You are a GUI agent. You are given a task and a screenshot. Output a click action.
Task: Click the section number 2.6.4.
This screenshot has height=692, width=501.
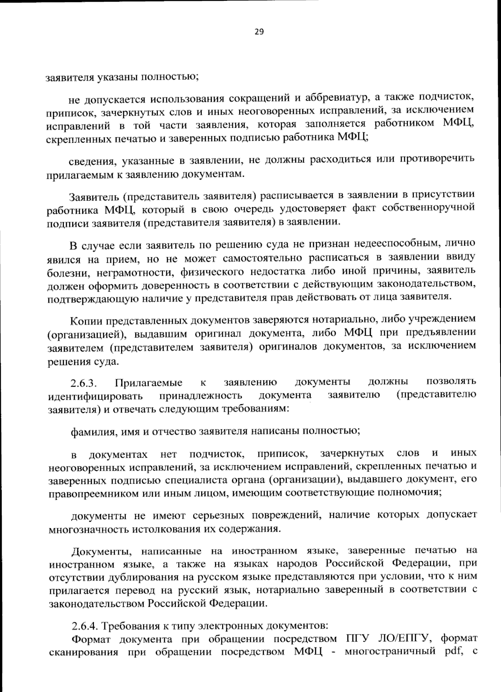pyautogui.click(x=84, y=626)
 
